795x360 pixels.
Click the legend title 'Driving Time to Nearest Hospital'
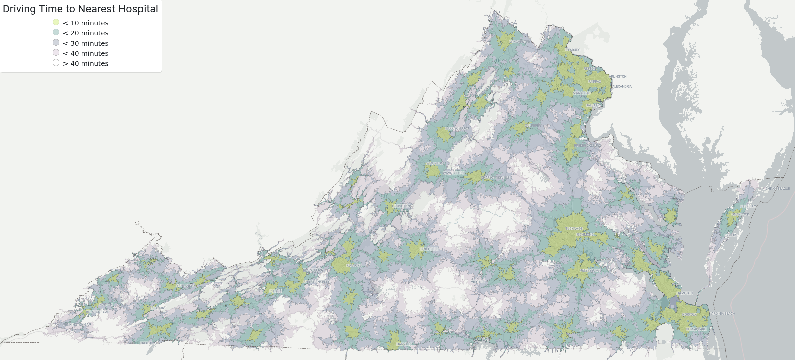click(x=80, y=9)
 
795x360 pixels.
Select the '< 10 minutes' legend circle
click(x=56, y=22)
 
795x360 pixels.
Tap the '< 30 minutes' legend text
click(x=85, y=43)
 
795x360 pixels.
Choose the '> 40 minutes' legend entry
click(x=85, y=63)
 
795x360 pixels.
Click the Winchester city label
click(x=519, y=42)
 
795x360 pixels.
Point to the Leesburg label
click(x=572, y=50)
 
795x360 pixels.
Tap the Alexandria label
click(x=622, y=87)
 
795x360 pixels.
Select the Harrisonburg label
click(x=457, y=129)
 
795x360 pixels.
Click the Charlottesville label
click(x=495, y=178)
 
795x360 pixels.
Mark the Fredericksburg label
click(x=587, y=146)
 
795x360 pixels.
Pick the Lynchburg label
click(x=429, y=249)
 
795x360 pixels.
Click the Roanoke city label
click(x=354, y=266)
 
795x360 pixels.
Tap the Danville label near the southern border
click(x=404, y=344)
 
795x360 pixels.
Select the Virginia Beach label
click(x=722, y=314)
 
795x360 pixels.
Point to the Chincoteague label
click(x=777, y=189)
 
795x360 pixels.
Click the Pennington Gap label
click(x=77, y=325)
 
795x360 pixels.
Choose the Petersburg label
click(x=589, y=271)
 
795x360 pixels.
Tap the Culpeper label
click(x=533, y=126)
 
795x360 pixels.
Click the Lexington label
click(x=401, y=206)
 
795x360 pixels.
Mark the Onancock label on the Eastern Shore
click(x=740, y=215)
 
